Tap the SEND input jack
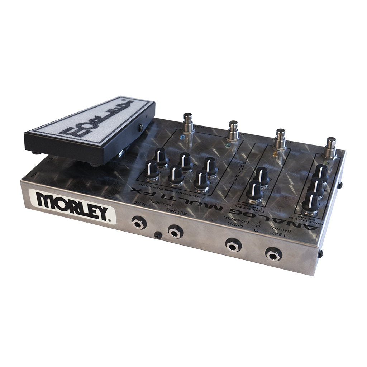[138, 223]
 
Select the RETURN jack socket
[176, 232]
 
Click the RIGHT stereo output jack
[233, 245]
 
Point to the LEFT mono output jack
[273, 254]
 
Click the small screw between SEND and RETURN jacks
[157, 235]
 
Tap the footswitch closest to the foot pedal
[187, 123]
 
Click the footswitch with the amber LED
[280, 140]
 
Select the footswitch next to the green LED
[233, 131]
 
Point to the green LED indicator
[228, 145]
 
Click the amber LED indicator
[275, 153]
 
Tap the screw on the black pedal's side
[141, 127]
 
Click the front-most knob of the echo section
[310, 202]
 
